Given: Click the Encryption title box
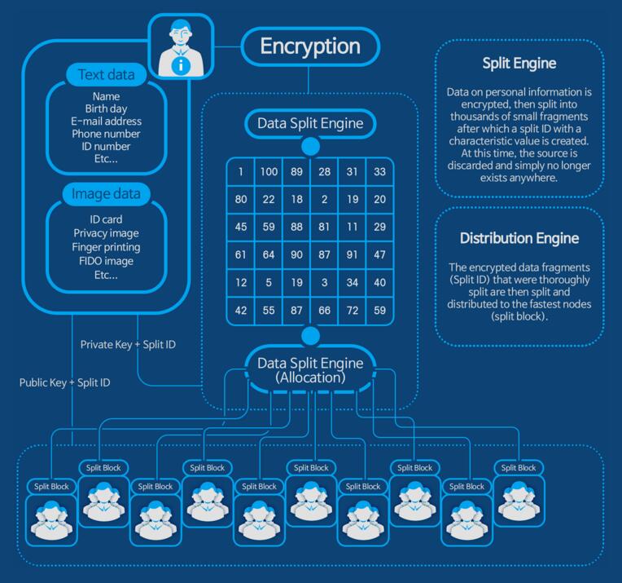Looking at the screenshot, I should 310,46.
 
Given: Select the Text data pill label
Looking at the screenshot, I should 106,76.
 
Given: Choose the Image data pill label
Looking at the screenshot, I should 106,194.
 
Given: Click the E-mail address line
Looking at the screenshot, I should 106,121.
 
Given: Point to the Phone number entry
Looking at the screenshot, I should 106,134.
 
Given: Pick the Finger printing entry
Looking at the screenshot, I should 106,247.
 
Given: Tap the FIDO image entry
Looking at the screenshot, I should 106,261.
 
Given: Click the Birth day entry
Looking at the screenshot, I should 106,108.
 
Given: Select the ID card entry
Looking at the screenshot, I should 106,219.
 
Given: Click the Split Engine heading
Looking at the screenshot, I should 519,63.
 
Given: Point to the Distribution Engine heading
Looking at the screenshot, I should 519,238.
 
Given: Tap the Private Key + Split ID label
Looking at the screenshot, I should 128,345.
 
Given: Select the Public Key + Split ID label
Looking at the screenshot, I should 65,382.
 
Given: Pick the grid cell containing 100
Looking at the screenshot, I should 269,172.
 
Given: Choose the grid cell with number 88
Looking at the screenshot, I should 296,227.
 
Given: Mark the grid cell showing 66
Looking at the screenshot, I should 324,311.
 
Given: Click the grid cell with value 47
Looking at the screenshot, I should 379,255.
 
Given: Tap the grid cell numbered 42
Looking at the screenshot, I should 241,311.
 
